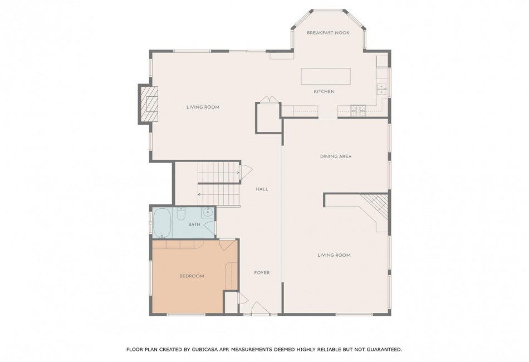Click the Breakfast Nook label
(x=328, y=33)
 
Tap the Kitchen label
(x=324, y=91)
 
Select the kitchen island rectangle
(x=326, y=77)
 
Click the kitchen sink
(x=381, y=89)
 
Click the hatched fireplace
(x=149, y=104)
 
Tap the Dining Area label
(x=336, y=156)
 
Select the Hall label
(x=262, y=189)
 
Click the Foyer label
(x=262, y=272)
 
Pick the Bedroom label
(x=192, y=276)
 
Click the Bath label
(x=194, y=224)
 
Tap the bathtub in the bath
(x=162, y=223)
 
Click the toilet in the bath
(x=181, y=214)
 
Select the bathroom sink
(x=207, y=212)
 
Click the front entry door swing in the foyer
(x=260, y=308)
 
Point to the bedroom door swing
(x=225, y=244)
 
